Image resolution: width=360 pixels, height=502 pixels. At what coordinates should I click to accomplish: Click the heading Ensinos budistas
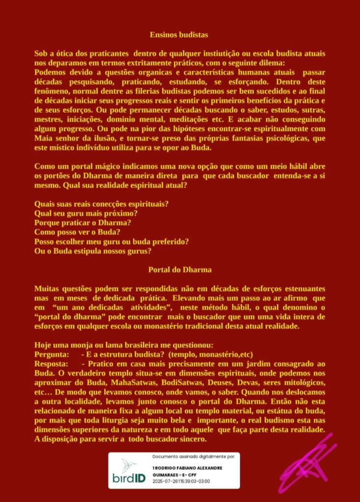click(179, 35)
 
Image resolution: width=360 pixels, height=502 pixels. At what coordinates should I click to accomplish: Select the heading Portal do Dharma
click(180, 270)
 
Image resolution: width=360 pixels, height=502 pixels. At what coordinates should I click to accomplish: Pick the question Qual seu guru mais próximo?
click(86, 213)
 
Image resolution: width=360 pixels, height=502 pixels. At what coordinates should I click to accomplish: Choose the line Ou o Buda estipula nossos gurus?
click(93, 251)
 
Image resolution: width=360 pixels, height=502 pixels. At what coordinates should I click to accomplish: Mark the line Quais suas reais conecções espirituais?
click(105, 204)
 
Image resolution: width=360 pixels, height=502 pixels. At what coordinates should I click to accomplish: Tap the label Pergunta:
click(51, 354)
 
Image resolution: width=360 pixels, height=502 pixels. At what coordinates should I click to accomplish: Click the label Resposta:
click(51, 364)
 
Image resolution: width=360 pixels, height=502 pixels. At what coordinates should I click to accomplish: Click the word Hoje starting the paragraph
click(43, 345)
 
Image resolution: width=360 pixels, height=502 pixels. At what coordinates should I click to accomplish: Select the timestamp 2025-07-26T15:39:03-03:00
click(181, 481)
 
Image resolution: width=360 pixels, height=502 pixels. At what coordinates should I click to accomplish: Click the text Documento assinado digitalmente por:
click(194, 456)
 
